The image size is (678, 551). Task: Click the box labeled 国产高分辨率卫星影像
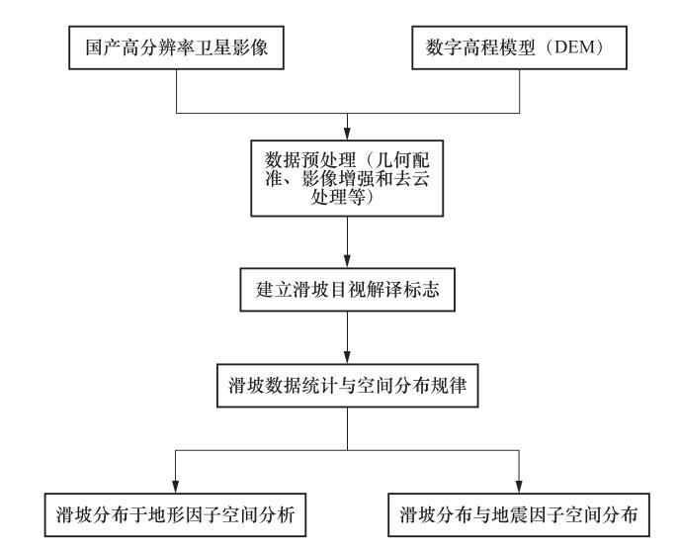tap(176, 47)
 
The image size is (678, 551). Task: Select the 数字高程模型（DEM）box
tap(519, 47)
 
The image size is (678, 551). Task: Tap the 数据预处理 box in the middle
tap(347, 178)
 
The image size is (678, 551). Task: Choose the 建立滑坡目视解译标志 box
tap(347, 290)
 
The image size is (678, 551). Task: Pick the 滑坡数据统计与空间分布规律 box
tap(347, 386)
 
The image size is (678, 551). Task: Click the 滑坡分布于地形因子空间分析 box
tap(175, 515)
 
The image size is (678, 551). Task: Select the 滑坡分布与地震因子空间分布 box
tap(519, 515)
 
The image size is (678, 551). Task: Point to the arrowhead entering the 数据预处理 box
tap(347, 134)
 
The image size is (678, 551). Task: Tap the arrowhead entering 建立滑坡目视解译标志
tap(347, 261)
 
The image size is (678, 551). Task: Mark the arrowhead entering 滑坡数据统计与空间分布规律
tap(347, 357)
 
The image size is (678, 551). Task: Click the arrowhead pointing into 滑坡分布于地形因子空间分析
tap(175, 487)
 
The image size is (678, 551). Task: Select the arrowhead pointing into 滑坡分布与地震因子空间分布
tap(519, 487)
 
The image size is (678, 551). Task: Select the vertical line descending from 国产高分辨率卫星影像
tap(176, 91)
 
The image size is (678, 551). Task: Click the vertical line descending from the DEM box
tap(519, 91)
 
